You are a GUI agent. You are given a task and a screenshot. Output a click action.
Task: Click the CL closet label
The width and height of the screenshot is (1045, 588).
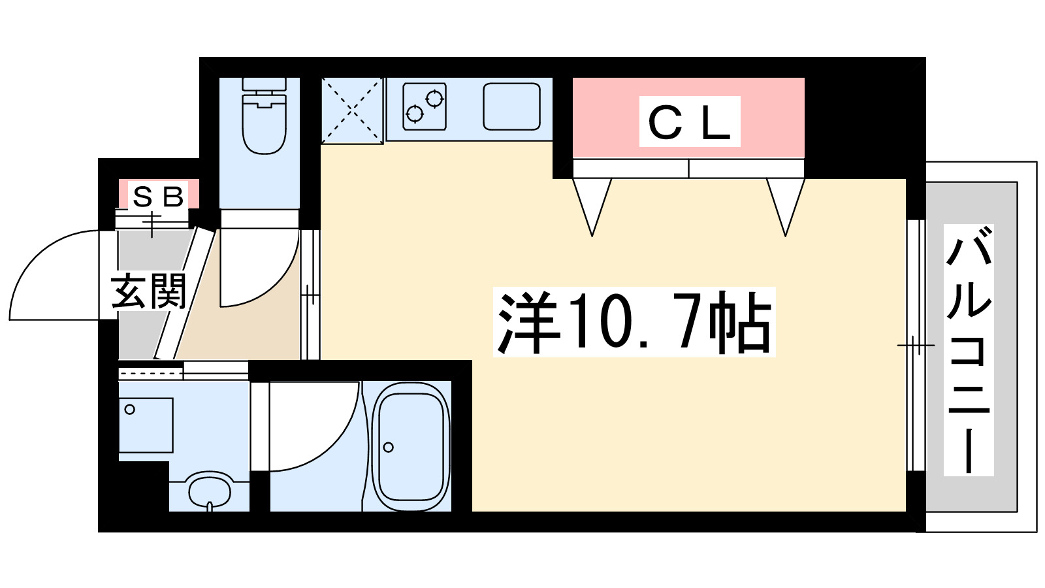(689, 122)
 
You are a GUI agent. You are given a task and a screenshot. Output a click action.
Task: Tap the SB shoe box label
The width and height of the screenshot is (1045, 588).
(158, 195)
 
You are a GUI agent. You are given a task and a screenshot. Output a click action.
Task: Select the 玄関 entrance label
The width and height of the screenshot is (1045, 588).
(149, 291)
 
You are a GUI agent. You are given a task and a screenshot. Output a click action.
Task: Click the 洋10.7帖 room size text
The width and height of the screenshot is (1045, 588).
(634, 322)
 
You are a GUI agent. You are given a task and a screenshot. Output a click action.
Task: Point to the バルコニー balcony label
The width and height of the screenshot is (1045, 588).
(969, 350)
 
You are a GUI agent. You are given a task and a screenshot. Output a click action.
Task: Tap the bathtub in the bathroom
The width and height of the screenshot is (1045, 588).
(411, 446)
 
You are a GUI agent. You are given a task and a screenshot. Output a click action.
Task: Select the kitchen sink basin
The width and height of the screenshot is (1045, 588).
(511, 106)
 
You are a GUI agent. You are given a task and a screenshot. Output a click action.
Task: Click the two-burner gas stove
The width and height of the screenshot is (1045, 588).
(425, 106)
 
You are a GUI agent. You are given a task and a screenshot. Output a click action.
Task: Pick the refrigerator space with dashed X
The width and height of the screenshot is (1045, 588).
(352, 110)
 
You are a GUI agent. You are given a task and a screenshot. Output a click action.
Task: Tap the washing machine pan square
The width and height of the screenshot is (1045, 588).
(146, 425)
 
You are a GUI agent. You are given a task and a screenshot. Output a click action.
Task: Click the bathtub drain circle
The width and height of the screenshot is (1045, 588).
(389, 448)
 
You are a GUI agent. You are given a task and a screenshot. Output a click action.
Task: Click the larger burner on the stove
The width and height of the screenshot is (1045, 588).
(434, 99)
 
